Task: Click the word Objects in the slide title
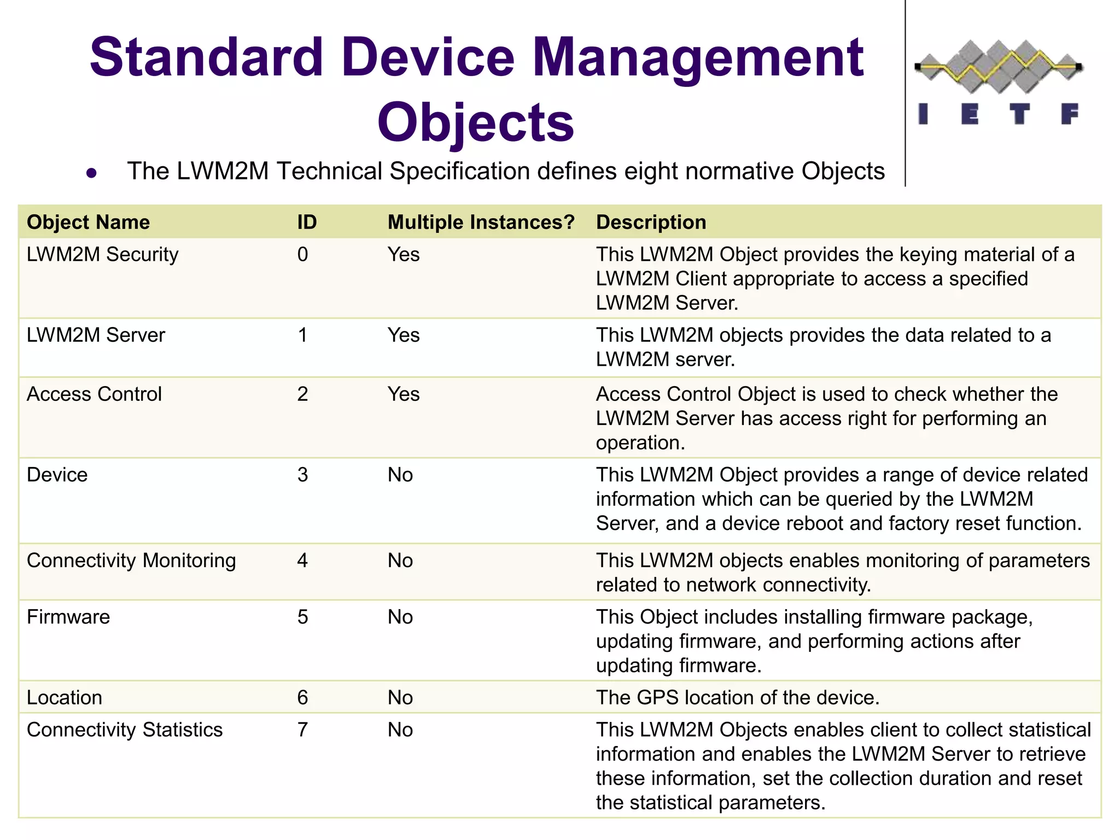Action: [x=475, y=122]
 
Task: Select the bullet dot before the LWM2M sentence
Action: [x=91, y=173]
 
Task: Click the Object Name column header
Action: [x=88, y=222]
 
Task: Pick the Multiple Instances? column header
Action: [x=481, y=222]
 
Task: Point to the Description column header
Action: [x=651, y=222]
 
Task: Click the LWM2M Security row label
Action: [x=102, y=254]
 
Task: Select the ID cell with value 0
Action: [x=302, y=254]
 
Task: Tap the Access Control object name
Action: [x=94, y=394]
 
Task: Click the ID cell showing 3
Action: [x=302, y=475]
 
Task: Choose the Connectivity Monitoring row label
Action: [x=131, y=561]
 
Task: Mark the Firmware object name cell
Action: [x=68, y=617]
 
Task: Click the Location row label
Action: [x=65, y=698]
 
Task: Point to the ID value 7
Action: [x=302, y=730]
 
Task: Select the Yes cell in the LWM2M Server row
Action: [x=403, y=335]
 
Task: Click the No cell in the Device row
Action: [x=400, y=475]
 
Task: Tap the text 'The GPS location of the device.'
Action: [x=737, y=698]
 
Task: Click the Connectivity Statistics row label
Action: [x=125, y=730]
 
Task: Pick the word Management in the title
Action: [x=697, y=57]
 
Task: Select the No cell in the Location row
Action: [x=400, y=698]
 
